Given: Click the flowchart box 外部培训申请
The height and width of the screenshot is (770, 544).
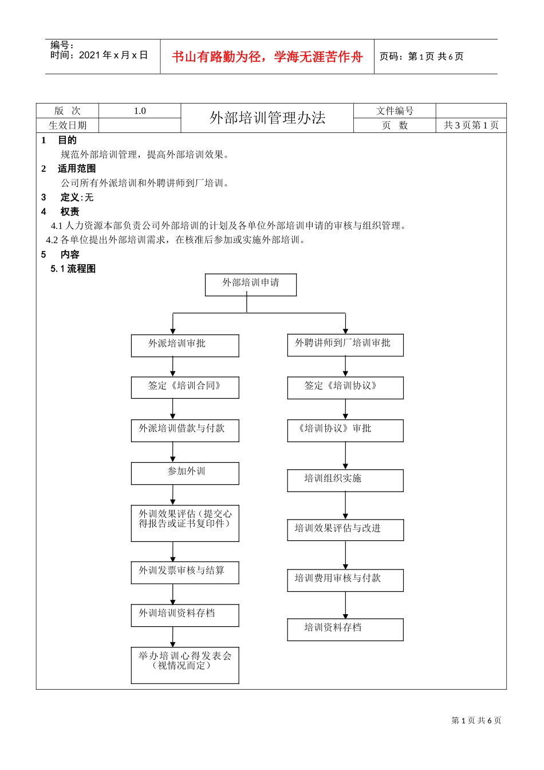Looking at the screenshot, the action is pos(251,285).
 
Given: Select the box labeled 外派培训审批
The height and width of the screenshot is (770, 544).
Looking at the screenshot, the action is pos(185,345).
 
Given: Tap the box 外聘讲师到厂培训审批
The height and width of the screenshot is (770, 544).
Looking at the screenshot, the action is pos(345,345).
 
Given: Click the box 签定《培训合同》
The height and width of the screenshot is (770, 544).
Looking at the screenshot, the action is pos(185,387).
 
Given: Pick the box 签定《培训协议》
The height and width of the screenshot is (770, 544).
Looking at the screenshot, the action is pos(345,388).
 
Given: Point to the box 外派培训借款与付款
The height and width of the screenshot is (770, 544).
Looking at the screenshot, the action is pos(185,430).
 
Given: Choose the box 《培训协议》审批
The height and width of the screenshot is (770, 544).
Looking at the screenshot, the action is pos(345,430).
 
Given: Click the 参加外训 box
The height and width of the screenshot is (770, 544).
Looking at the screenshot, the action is pos(185,473).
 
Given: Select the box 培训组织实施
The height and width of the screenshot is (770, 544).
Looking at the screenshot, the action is pos(345,480).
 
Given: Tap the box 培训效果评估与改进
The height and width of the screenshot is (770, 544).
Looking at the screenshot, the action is pos(345,530).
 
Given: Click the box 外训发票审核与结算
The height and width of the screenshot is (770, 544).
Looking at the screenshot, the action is pos(185,572).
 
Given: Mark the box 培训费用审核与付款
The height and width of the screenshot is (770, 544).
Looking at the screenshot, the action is pos(345,580).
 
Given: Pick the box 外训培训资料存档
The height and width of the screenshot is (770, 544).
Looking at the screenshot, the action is pos(185,615).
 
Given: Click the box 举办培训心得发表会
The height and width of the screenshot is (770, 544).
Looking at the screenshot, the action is pos(185,665).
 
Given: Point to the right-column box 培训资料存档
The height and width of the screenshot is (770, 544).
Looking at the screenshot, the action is pos(345,629).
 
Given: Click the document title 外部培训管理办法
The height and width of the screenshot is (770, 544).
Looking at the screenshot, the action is pos(267,118).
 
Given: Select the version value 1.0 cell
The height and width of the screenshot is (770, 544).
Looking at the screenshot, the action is pos(140,111).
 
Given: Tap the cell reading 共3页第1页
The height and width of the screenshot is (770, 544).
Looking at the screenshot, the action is pos(471,125).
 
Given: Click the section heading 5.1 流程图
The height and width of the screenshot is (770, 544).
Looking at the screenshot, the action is pos(73,269).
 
